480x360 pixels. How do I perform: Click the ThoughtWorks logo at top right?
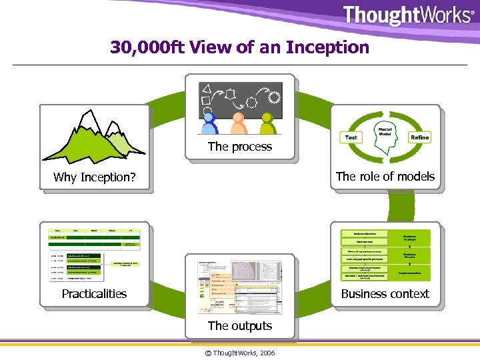pos(408,15)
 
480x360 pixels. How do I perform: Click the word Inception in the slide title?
pos(327,47)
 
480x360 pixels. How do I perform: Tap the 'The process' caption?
pos(240,147)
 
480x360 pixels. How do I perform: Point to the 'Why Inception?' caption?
pos(94,177)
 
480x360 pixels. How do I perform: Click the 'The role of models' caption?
pos(385,177)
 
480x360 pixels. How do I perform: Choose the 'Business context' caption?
pos(385,293)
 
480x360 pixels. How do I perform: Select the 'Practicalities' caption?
pos(94,293)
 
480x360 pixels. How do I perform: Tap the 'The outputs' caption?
pos(240,326)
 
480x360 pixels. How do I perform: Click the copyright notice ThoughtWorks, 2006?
pos(240,352)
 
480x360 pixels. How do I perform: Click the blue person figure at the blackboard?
pos(209,123)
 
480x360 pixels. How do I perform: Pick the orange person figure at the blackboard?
pos(238,124)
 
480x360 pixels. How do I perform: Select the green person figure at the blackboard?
pos(267,124)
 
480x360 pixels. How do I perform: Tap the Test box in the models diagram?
pos(351,137)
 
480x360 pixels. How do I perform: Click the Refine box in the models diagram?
pos(419,137)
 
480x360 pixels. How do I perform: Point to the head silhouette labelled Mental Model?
pos(385,132)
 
